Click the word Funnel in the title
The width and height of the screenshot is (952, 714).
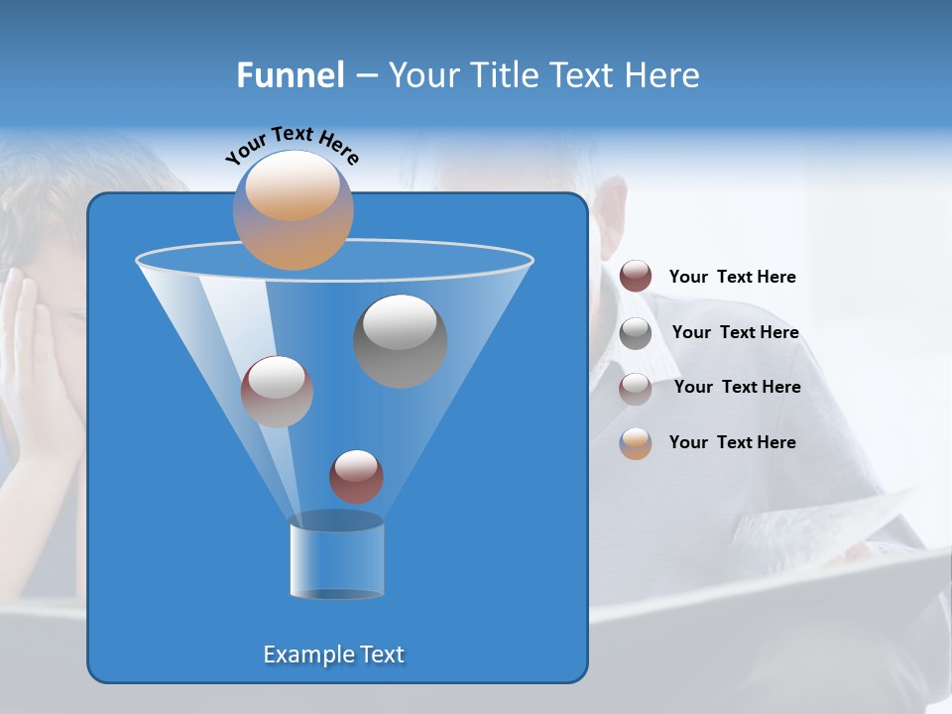(x=291, y=75)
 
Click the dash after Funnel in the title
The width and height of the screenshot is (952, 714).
(x=366, y=76)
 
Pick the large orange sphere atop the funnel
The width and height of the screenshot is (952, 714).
(x=293, y=210)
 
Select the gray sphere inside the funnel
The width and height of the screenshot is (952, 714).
(x=400, y=341)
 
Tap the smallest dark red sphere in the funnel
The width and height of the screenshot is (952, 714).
(x=356, y=476)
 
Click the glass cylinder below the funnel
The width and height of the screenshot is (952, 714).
(x=336, y=557)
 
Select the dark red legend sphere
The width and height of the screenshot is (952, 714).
(x=636, y=277)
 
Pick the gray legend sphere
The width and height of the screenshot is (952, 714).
(x=636, y=332)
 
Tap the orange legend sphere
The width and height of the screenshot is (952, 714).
(x=636, y=442)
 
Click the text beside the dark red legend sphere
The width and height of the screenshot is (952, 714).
(x=732, y=278)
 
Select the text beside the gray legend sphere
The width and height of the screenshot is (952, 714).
(x=735, y=333)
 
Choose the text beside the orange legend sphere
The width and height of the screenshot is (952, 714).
(x=732, y=442)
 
